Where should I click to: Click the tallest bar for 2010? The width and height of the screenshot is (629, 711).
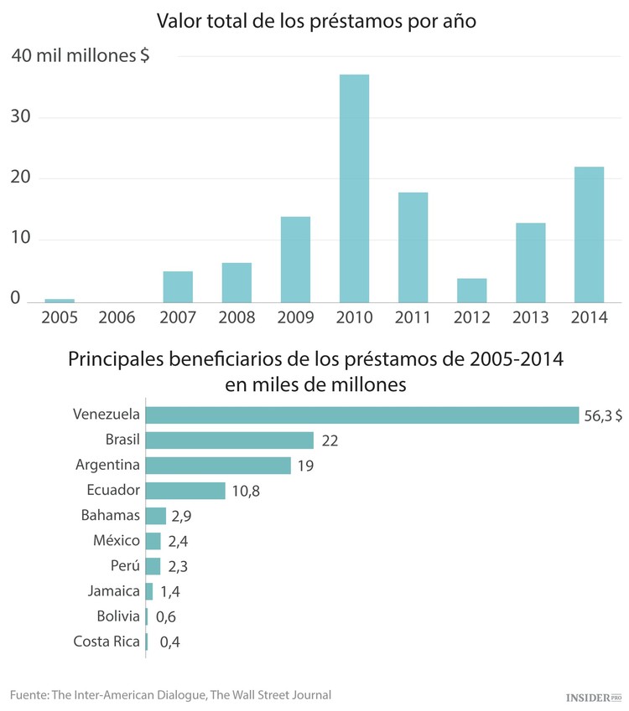(354, 188)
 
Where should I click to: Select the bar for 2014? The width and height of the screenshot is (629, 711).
(589, 234)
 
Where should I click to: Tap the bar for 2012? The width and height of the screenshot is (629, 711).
(471, 290)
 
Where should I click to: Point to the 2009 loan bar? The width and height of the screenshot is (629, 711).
(295, 259)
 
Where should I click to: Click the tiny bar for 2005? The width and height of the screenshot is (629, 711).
(60, 300)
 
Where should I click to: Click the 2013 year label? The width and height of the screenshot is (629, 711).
(529, 317)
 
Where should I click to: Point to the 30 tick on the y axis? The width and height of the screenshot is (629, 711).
(21, 116)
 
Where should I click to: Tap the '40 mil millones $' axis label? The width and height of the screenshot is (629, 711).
(81, 56)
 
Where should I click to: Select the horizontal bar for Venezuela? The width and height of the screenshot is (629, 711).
(361, 415)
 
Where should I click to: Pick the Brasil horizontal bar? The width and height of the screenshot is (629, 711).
(229, 441)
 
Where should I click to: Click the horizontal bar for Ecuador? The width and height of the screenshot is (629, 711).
(185, 491)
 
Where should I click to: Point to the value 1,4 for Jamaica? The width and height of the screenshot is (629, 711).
(170, 592)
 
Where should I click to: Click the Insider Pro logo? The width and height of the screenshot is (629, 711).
(591, 696)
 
